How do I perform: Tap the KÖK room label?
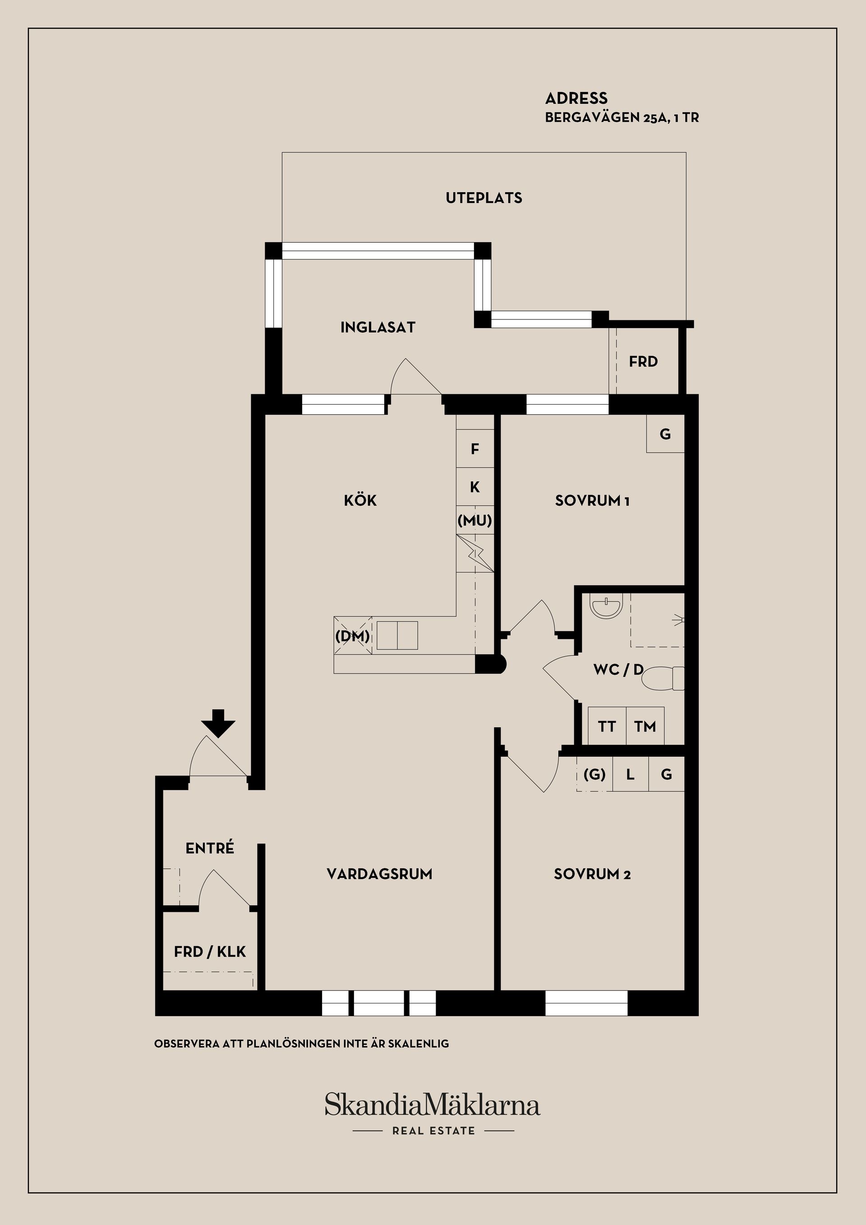360,500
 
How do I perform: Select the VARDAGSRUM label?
379,874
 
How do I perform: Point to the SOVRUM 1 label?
592,500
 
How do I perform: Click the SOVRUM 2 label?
592,874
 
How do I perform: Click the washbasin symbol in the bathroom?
606,608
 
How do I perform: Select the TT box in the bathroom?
606,726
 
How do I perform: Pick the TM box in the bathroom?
645,726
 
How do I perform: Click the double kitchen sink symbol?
397,635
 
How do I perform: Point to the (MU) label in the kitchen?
474,520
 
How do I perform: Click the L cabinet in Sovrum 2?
630,774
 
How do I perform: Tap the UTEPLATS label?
484,198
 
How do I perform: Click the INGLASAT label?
378,328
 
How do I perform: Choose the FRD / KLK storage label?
210,952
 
